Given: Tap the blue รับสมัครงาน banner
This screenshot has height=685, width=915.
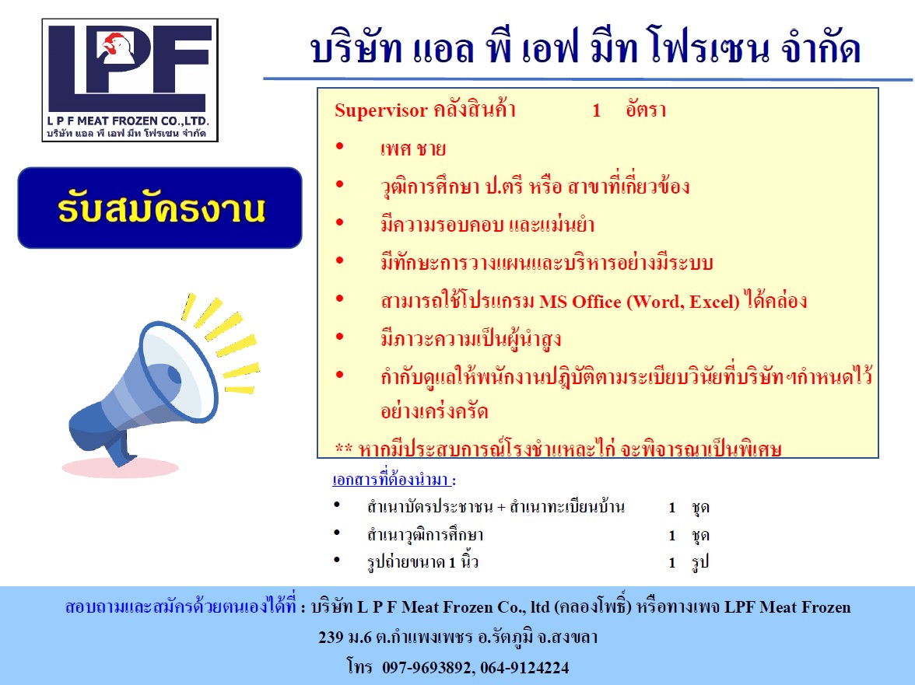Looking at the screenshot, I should coord(160,208).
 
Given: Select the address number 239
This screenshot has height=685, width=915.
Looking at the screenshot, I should coord(331,638).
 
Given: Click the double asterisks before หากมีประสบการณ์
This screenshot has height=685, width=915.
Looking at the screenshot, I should coord(343,449).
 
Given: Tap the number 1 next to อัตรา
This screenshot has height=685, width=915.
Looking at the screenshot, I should coord(596,110).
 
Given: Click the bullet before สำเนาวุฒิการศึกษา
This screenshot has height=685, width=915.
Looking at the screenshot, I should coord(337,534).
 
